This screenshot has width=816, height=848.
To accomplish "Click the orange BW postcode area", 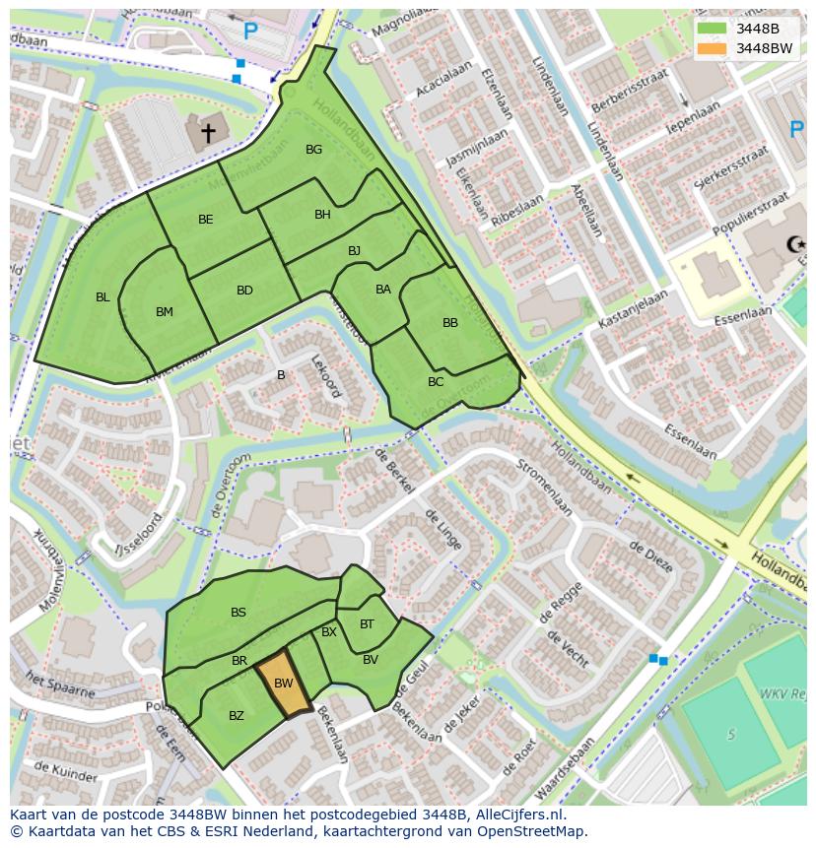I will [284, 684].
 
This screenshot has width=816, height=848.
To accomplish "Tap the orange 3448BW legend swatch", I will [712, 48].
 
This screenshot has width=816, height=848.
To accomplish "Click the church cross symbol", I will [208, 131].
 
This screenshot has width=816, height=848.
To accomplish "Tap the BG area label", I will [313, 150].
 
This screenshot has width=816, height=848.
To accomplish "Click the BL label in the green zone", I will [102, 296].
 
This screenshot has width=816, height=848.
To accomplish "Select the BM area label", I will [165, 312].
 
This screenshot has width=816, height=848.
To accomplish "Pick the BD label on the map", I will [244, 290].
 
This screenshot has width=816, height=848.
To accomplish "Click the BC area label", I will [436, 382].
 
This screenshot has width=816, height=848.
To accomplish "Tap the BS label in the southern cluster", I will [238, 613].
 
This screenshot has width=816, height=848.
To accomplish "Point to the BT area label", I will [367, 624].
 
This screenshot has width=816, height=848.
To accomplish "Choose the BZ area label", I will [237, 716].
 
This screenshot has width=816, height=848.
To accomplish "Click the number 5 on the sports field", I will [730, 734].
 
